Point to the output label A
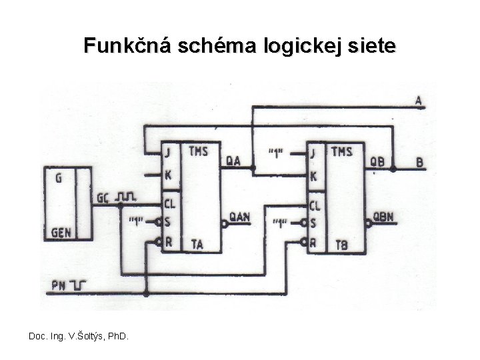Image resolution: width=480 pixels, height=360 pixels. click(419, 101)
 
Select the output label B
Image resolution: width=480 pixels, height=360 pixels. click(419, 162)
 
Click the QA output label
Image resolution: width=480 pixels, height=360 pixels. click(233, 160)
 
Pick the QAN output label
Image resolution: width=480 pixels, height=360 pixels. click(239, 215)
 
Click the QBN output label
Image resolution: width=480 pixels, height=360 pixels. click(383, 216)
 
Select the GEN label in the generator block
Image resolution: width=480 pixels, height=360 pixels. click(61, 233)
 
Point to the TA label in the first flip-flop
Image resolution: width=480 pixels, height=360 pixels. click(197, 244)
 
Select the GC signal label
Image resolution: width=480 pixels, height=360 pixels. click(103, 197)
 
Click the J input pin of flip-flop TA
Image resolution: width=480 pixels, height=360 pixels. click(169, 153)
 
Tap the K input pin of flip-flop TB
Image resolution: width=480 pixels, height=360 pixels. click(313, 177)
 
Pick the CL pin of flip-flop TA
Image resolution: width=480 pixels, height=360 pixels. click(170, 201)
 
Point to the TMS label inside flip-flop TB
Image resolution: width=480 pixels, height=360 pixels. click(341, 151)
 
